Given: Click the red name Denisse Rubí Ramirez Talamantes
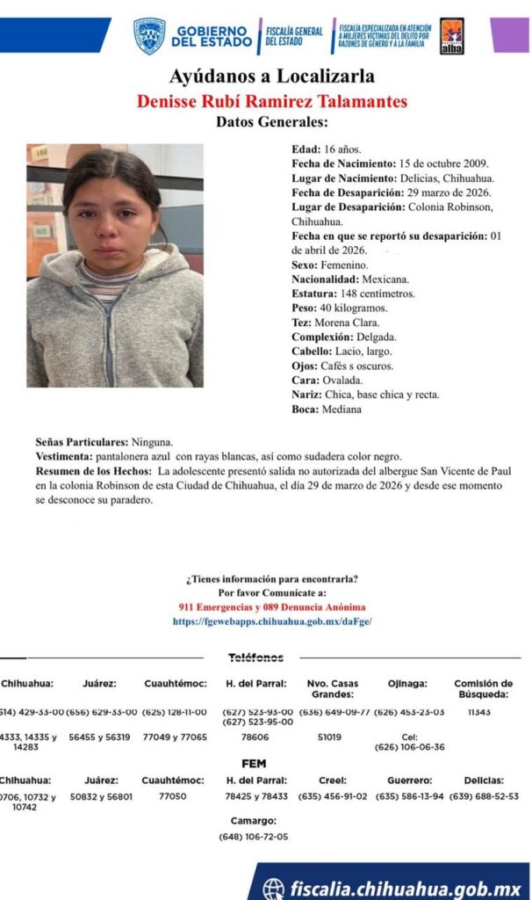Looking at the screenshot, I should pyautogui.click(x=271, y=101).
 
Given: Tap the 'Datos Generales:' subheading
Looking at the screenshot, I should pyautogui.click(x=271, y=122).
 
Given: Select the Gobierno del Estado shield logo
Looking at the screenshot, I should pyautogui.click(x=149, y=36).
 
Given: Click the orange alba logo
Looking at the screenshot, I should pyautogui.click(x=451, y=36).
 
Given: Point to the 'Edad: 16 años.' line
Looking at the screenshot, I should pyautogui.click(x=326, y=149).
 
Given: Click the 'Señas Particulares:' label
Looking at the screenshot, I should pyautogui.click(x=83, y=442).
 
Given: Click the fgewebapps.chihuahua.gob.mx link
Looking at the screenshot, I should pyautogui.click(x=271, y=621).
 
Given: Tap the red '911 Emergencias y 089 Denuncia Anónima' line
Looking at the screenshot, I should pyautogui.click(x=271, y=607).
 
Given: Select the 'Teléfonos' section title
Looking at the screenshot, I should pyautogui.click(x=255, y=657).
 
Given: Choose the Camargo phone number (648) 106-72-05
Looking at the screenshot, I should pyautogui.click(x=254, y=837).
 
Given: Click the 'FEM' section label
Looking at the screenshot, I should pyautogui.click(x=254, y=764).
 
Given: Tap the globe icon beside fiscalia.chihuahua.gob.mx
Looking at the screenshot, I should pyautogui.click(x=274, y=888).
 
